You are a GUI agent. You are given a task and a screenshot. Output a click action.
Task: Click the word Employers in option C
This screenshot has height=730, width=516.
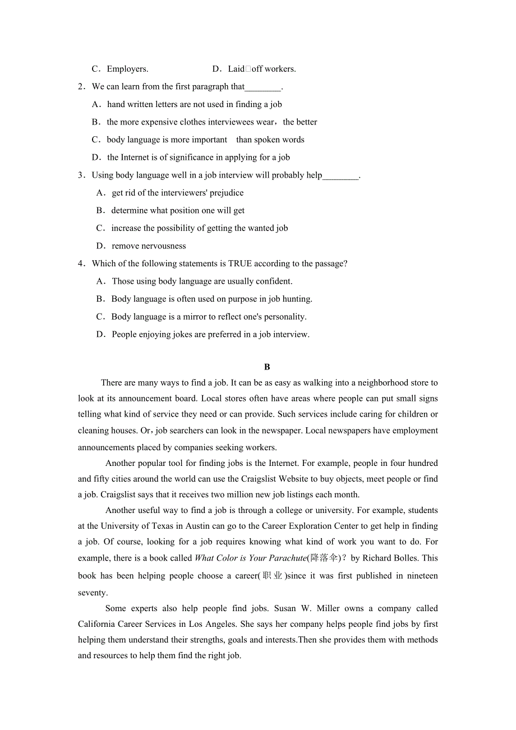click(x=127, y=69)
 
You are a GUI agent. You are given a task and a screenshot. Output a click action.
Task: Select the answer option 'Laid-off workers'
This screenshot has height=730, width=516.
click(x=262, y=69)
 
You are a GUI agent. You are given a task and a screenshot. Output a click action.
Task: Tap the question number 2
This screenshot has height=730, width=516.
click(x=81, y=86)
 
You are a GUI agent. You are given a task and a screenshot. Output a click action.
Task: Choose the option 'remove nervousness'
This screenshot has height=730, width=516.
click(x=149, y=246)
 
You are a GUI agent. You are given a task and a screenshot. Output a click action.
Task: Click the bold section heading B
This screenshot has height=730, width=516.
click(x=267, y=367)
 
